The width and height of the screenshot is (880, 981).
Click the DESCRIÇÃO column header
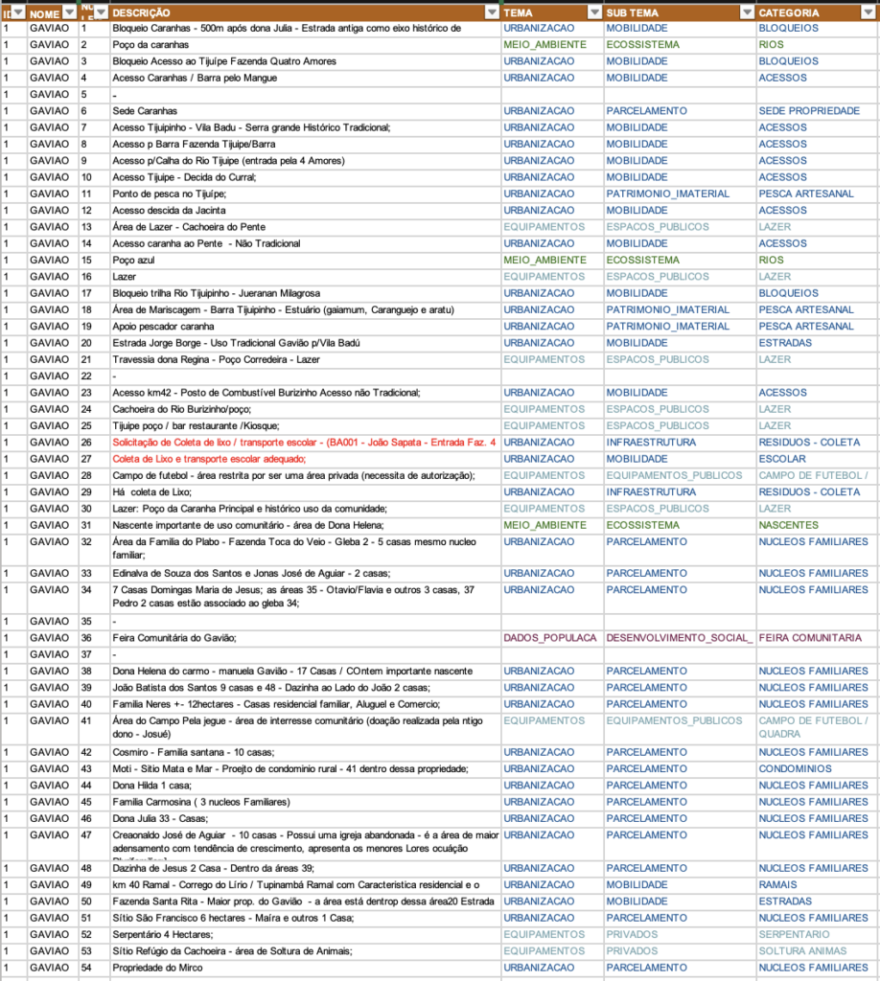coord(141,13)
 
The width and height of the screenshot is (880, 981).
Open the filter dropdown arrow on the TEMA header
coord(591,13)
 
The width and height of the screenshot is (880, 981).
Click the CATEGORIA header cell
coord(788,13)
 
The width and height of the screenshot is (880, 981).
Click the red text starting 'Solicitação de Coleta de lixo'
coord(304,443)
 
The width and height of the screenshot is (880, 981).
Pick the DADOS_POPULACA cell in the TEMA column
coord(550,638)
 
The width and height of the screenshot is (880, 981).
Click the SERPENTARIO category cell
coord(794,934)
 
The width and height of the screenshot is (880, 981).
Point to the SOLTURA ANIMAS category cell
coord(802,951)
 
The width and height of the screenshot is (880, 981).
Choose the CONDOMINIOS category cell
coord(795,768)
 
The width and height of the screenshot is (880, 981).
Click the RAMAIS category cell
coord(778,884)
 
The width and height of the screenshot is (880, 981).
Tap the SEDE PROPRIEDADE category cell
coord(809,111)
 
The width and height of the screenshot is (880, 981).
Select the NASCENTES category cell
coord(788,525)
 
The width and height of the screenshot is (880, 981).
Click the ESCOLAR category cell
coord(782,459)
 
